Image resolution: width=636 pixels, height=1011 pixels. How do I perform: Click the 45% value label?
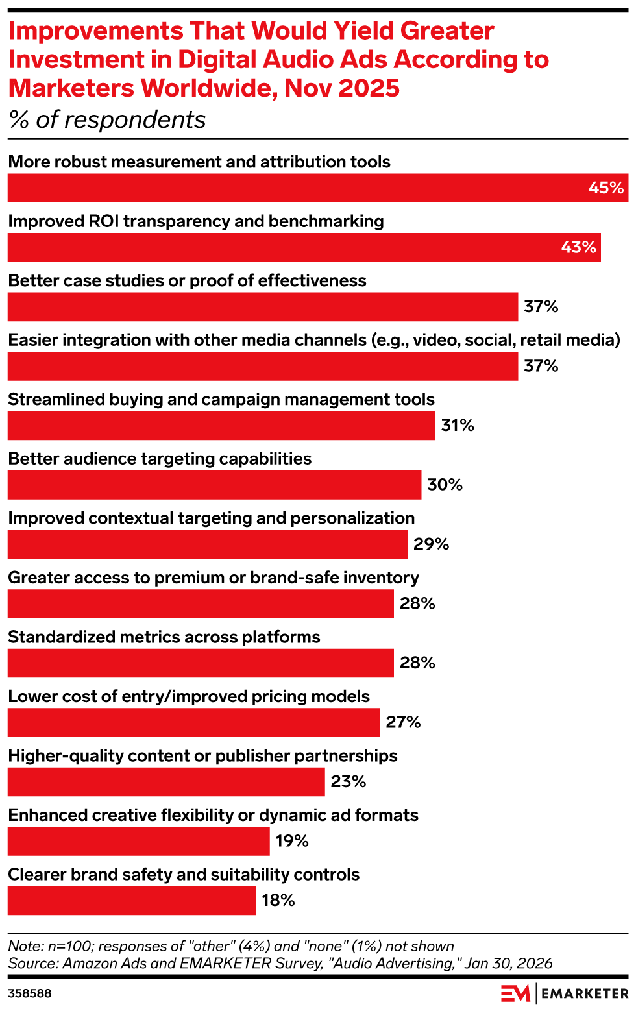(605, 188)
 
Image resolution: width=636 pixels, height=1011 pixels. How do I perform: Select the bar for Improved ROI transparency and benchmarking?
(304, 247)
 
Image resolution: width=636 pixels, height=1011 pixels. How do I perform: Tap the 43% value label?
(578, 247)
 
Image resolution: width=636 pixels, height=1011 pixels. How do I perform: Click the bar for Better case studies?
(263, 307)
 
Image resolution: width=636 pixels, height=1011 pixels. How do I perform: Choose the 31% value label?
(458, 426)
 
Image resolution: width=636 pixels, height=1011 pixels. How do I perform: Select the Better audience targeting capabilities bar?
(214, 485)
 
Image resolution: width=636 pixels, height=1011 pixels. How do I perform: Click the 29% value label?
(431, 544)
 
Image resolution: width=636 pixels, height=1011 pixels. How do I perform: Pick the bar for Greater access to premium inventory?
(201, 603)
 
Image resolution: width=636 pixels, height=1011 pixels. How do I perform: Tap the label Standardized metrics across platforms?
(164, 637)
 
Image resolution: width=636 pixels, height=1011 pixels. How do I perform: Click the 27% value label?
(403, 722)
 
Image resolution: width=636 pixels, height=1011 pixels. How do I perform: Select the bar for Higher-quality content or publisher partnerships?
(166, 782)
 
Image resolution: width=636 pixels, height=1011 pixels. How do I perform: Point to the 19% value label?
(292, 841)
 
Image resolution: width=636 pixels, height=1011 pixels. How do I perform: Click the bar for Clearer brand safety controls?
(132, 901)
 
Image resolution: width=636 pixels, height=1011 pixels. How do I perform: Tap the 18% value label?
(278, 901)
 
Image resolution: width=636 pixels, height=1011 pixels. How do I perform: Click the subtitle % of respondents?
(107, 120)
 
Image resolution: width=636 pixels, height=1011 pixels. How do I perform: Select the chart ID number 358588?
(30, 993)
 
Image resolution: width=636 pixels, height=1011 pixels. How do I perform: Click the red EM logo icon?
(515, 993)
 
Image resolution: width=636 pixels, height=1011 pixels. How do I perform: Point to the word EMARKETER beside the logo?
(585, 993)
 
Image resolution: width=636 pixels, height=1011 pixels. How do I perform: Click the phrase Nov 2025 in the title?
(342, 88)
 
